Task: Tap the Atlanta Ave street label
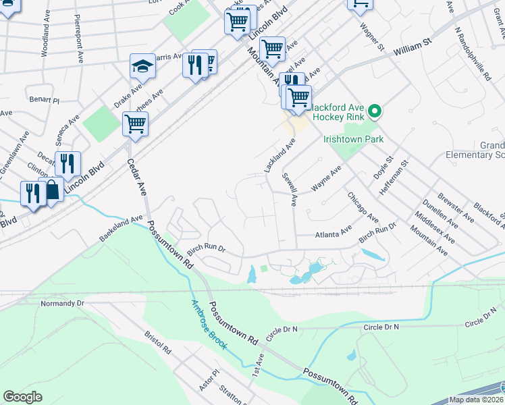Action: click(334, 232)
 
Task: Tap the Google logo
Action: click(22, 397)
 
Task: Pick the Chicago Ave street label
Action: click(363, 207)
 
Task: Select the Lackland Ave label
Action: click(280, 155)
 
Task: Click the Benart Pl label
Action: click(45, 100)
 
